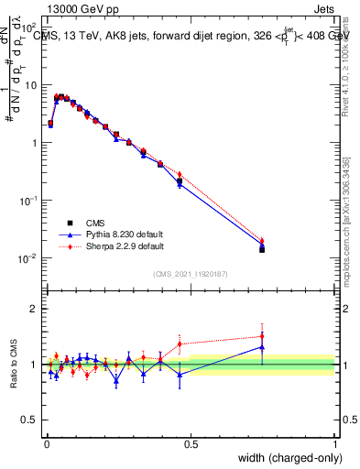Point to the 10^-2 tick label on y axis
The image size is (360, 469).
pyautogui.click(x=29, y=258)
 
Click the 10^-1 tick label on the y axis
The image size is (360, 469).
pyautogui.click(x=29, y=201)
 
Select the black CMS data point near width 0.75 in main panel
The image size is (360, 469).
pyautogui.click(x=262, y=248)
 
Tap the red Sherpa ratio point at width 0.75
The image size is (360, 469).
pyautogui.click(x=262, y=335)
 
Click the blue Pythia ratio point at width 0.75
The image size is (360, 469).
pyautogui.click(x=262, y=347)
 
